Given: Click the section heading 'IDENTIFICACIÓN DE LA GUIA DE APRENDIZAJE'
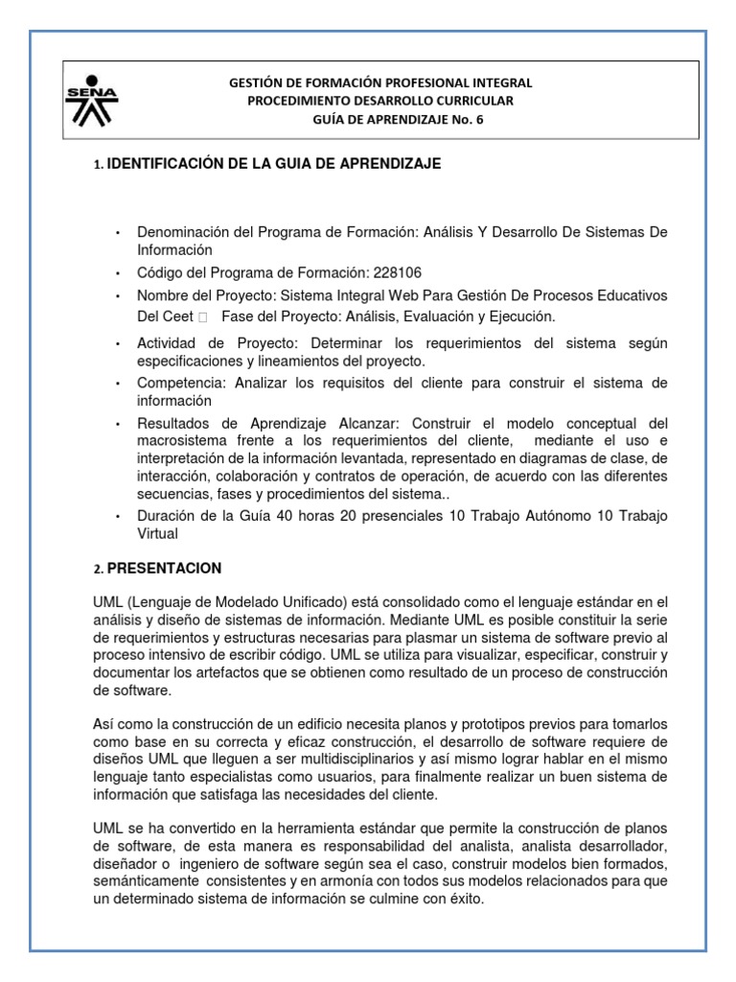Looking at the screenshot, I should tap(274, 164).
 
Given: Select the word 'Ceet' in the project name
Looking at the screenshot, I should tap(177, 316).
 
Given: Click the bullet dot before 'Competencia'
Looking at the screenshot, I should tap(116, 384).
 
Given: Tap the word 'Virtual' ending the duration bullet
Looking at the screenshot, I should tap(158, 533).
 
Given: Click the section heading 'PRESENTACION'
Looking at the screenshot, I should tap(164, 568).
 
